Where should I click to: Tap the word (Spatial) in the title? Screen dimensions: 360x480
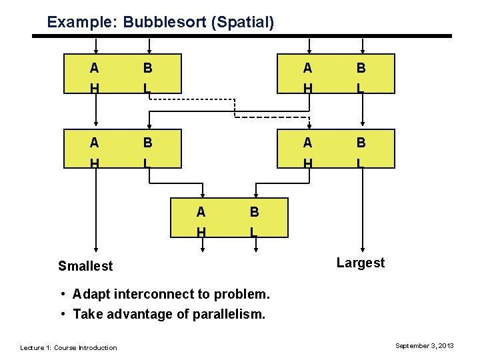[x=242, y=22]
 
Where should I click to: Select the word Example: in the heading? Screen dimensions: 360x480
[x=81, y=22]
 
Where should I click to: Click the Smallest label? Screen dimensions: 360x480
[x=85, y=266]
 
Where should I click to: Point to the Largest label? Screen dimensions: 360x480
[x=361, y=263]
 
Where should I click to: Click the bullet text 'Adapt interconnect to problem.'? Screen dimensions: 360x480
[x=171, y=294]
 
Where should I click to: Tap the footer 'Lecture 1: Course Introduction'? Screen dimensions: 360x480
[x=69, y=347]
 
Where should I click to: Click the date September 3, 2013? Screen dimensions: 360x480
[x=425, y=345]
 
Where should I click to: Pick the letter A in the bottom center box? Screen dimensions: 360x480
[x=201, y=213]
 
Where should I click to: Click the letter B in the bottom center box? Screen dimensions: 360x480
[x=254, y=213]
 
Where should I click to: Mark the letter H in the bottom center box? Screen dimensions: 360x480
[x=201, y=232]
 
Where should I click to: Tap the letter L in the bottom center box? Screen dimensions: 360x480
[x=253, y=232]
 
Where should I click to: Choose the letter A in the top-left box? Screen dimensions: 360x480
[x=95, y=68]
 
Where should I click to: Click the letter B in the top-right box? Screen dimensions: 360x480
[x=361, y=68]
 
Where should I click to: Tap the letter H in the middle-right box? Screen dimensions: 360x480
[x=307, y=162]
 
